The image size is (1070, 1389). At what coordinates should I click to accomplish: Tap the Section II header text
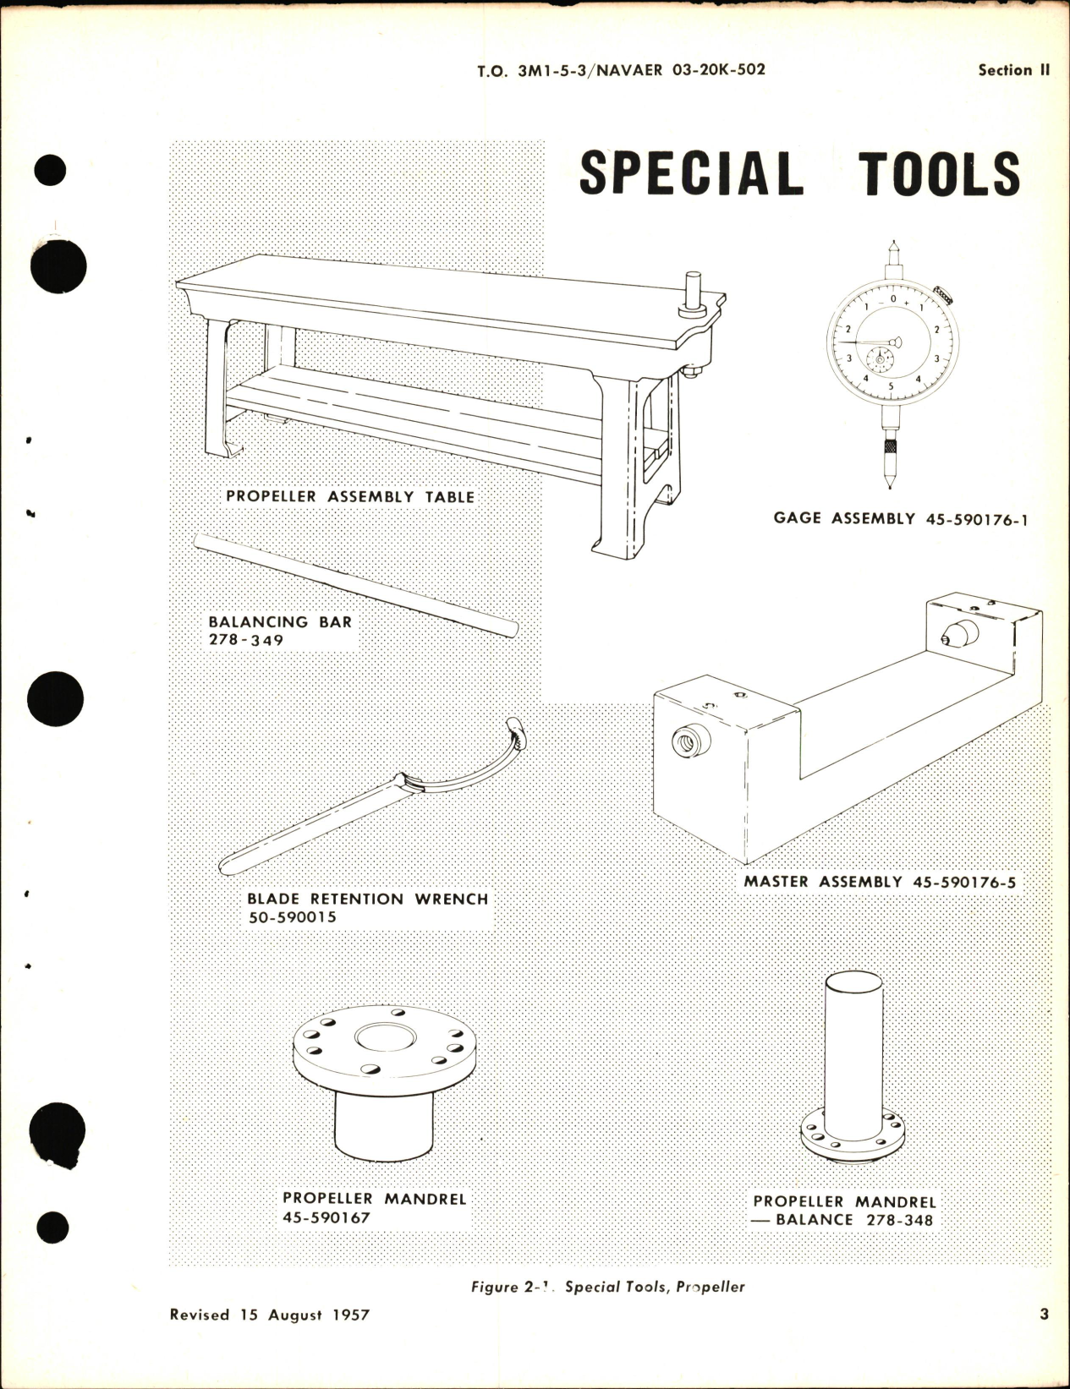[x=1013, y=70]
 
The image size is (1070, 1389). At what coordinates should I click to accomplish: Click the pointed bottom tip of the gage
[x=891, y=483]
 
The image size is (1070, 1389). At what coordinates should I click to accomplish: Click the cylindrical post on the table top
[x=694, y=293]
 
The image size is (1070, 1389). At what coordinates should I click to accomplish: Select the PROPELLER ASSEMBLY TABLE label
[x=350, y=496]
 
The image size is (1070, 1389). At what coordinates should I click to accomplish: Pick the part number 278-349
[x=246, y=640]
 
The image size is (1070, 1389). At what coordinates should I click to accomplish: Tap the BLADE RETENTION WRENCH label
[x=367, y=899]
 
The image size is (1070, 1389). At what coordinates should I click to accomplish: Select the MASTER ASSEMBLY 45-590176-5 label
[x=880, y=882]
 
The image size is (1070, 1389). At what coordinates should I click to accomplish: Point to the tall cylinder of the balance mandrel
[x=853, y=1040]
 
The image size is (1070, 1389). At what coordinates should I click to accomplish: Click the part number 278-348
[x=899, y=1220]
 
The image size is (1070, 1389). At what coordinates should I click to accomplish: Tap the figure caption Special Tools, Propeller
[x=655, y=1288]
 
